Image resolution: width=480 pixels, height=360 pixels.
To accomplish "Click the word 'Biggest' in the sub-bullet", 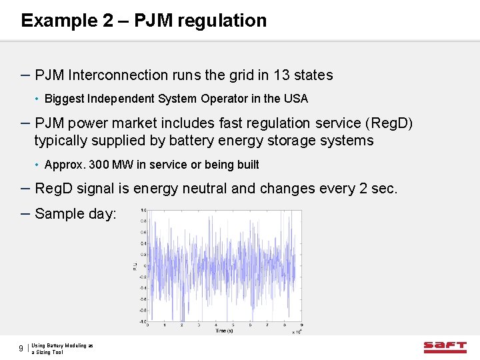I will pos(65,99).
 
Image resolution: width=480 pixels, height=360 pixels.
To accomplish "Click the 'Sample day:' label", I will pos(75,214).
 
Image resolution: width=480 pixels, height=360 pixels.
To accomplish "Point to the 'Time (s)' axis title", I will pos(224,331).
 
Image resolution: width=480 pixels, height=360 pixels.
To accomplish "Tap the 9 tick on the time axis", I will pos(285,326).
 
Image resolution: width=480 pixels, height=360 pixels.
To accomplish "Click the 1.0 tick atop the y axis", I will pos(143,211).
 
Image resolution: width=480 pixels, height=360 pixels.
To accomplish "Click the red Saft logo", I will pos(445,346).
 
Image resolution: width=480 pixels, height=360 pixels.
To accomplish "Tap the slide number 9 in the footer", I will pos(21,349).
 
